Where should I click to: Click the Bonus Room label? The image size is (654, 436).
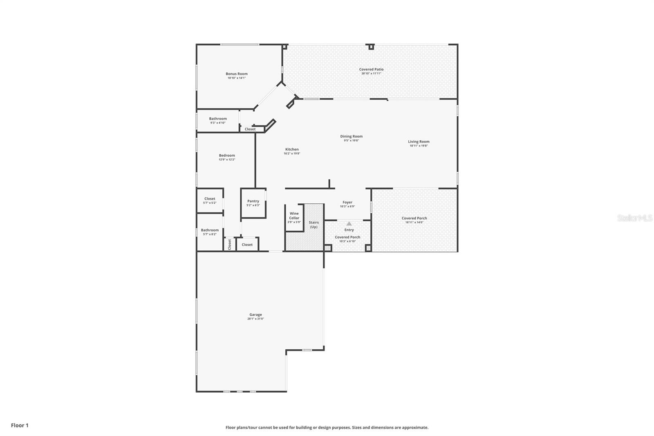tap(237, 74)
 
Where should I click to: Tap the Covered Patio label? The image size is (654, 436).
tap(371, 70)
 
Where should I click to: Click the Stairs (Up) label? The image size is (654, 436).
tap(314, 225)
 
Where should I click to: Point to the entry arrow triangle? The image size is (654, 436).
tap(349, 224)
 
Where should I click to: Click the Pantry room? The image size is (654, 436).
tap(253, 203)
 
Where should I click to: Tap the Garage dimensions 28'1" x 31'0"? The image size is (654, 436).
tap(255, 319)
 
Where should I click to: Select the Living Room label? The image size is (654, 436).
tap(419, 142)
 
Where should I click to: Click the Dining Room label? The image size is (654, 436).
tap(351, 136)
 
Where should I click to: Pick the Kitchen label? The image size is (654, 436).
tap(292, 149)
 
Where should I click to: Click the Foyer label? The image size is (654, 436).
tap(347, 202)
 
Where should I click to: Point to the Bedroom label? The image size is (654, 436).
tap(227, 155)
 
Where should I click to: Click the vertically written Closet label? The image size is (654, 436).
tap(230, 245)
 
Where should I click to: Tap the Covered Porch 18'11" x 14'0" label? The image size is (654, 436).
tap(414, 218)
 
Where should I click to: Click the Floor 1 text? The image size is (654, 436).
tap(20, 425)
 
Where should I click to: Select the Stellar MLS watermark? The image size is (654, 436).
tap(634, 218)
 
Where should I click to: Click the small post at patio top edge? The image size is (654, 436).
tap(371, 47)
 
